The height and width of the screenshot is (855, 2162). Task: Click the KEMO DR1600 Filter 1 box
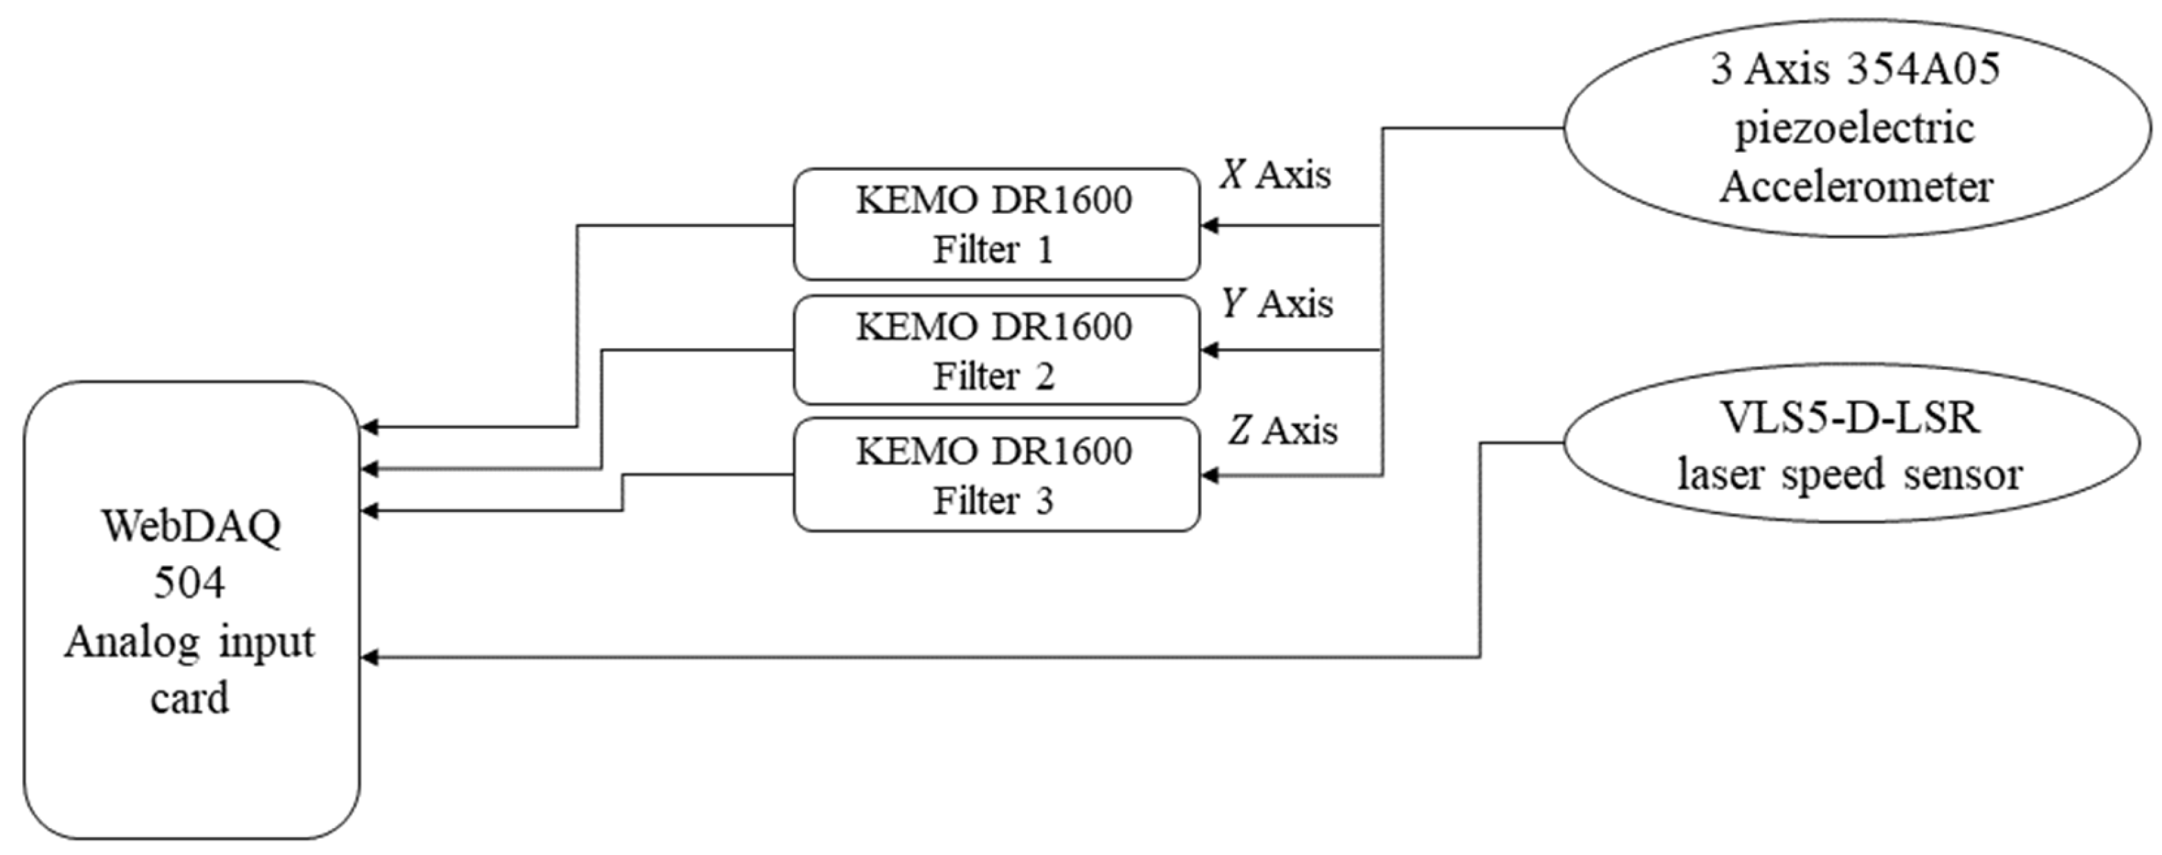coord(996,224)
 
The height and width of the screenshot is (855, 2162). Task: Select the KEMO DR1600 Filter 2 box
coord(996,350)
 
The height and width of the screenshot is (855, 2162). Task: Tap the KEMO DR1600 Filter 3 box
coord(996,475)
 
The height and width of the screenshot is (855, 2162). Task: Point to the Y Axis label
coord(1276,304)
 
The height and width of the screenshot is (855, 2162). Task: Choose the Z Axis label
coord(1283,430)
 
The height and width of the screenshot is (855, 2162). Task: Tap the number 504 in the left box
coord(189,583)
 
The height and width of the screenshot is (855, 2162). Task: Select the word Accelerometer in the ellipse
coord(1856,186)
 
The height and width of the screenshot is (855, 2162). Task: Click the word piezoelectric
coord(1855,129)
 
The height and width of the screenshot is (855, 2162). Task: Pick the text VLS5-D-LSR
coord(1850,417)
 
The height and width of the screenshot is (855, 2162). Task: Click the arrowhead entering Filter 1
coord(1209,226)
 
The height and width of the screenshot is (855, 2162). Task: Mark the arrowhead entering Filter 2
coord(1209,350)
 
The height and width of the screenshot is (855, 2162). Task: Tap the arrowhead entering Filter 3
coord(1209,476)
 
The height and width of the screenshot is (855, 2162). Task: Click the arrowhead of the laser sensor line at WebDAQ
coord(369,658)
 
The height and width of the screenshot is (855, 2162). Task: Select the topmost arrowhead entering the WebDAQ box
coord(369,427)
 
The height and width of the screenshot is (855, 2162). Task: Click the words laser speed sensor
coord(1850,475)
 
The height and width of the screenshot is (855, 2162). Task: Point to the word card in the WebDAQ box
coord(189,698)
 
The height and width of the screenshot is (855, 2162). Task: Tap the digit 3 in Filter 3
coord(1044,502)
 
